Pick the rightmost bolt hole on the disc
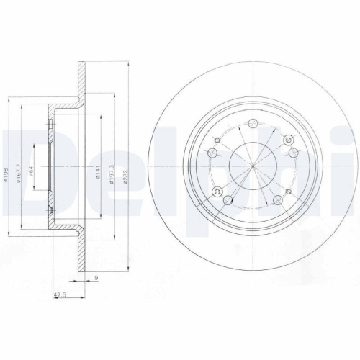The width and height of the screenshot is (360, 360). coord(294,152)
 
